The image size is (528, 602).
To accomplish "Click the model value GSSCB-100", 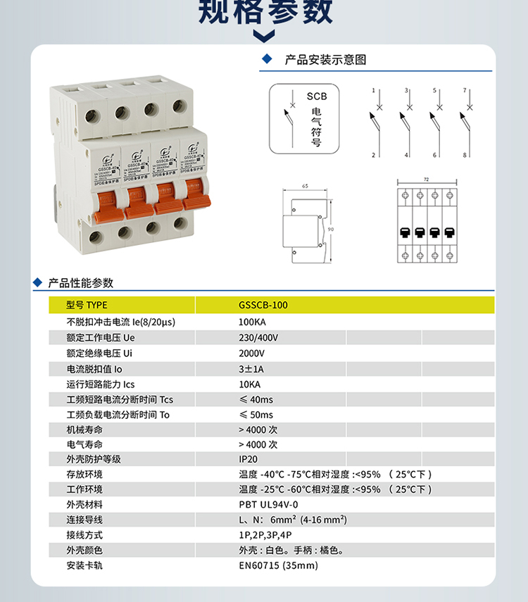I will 263,306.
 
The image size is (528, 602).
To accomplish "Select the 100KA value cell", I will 252,322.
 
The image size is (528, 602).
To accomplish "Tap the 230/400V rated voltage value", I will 258,337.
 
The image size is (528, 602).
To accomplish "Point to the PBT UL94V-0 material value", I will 268,505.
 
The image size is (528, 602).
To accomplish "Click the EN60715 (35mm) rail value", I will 278,565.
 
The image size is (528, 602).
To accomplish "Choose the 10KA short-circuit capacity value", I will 249,384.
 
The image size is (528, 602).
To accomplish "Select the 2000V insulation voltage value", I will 251,353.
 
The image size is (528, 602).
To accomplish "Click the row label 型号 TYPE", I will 87,306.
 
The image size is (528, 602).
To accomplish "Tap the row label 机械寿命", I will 84,429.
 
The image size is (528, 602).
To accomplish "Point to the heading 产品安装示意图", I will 325,61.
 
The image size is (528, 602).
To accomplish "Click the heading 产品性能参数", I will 80,283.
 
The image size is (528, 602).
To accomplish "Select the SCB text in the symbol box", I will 315,96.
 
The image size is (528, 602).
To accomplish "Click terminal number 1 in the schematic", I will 374,92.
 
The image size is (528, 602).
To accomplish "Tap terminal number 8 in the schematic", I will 465,155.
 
